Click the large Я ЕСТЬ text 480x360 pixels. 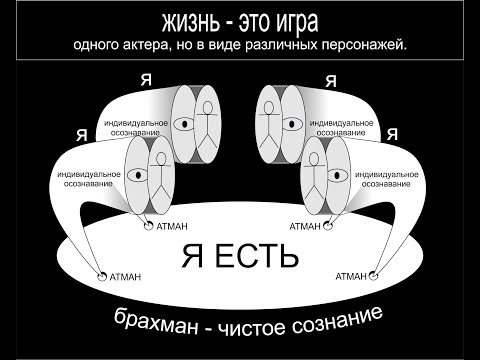click(x=239, y=257)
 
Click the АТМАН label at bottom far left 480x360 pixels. click(x=126, y=274)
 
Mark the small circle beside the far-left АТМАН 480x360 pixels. click(x=101, y=275)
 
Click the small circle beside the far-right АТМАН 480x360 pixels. click(x=375, y=275)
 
